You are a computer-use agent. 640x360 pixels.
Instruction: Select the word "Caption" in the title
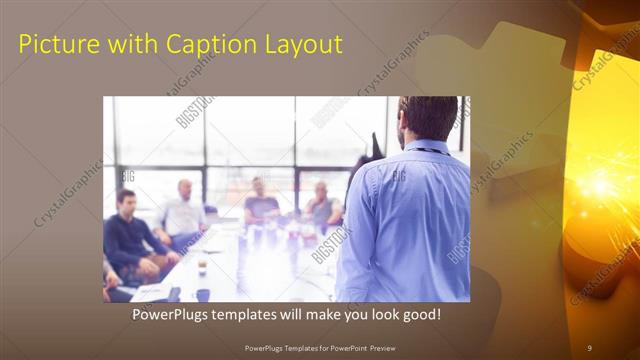[192, 44]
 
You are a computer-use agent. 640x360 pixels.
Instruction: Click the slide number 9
[589, 347]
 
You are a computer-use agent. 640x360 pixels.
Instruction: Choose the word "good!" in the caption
[418, 315]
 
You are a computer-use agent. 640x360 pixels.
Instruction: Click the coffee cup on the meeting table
[202, 265]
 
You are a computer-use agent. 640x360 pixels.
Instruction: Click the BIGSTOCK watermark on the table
[330, 244]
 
